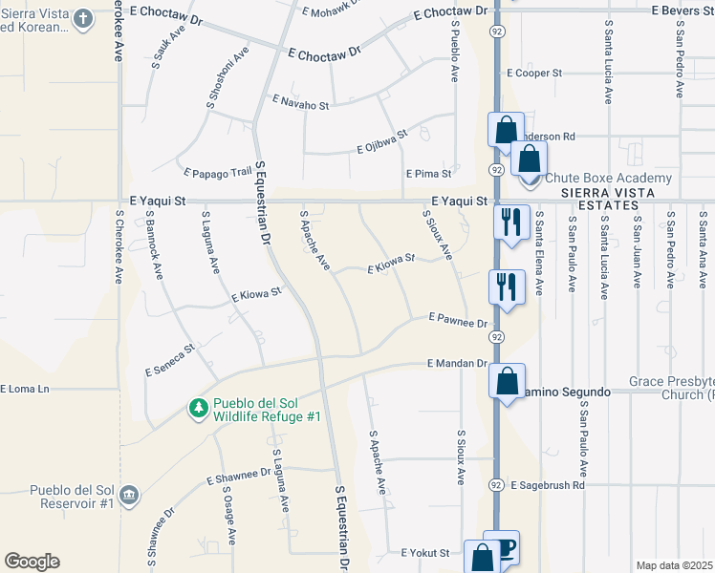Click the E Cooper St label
[534, 73]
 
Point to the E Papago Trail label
[217, 173]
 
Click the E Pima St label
[427, 175]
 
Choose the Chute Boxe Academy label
[608, 179]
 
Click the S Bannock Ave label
[153, 247]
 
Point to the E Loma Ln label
[25, 390]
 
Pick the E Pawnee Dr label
[458, 319]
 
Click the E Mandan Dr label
[457, 365]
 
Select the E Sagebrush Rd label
[547, 486]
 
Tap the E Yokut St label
[425, 553]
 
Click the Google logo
[32, 562]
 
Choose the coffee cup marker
[504, 546]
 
